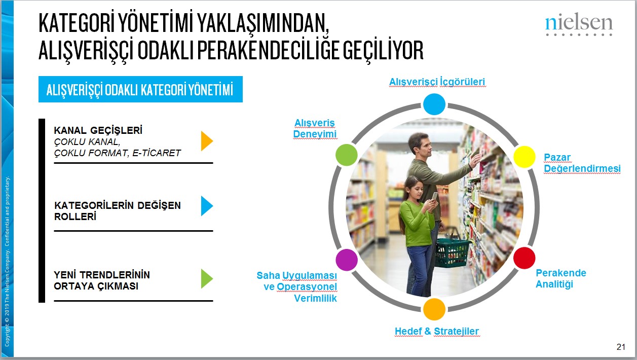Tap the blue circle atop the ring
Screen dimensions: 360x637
pos(434,104)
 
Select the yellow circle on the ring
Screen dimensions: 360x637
pos(524,157)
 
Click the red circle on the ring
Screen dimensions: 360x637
pos(524,258)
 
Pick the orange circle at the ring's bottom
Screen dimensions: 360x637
pos(434,309)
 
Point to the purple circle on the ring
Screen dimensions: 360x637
pos(347,259)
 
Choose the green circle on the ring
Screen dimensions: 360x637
pos(347,155)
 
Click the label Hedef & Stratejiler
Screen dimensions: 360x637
pos(436,332)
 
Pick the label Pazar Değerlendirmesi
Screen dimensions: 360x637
pos(582,163)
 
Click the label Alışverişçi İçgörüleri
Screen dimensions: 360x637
pos(437,82)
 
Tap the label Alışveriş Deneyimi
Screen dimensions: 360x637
pos(315,128)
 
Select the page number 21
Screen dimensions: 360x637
pos(621,347)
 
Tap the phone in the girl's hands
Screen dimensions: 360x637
pos(434,196)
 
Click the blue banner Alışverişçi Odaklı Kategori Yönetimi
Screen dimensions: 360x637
pos(140,90)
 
